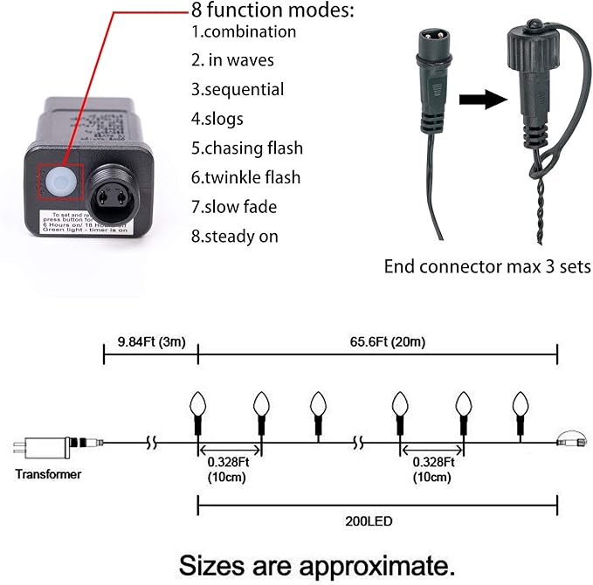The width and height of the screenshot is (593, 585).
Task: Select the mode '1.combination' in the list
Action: point(244,32)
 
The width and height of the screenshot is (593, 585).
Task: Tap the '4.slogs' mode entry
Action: point(217,118)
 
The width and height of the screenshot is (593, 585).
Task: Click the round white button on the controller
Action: point(60,181)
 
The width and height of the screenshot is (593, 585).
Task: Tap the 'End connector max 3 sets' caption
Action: point(487,266)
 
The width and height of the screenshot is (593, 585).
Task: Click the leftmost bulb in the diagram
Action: point(198,405)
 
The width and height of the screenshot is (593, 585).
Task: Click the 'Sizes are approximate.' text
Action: point(317,562)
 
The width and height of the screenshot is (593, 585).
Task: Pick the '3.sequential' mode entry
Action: point(237,89)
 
